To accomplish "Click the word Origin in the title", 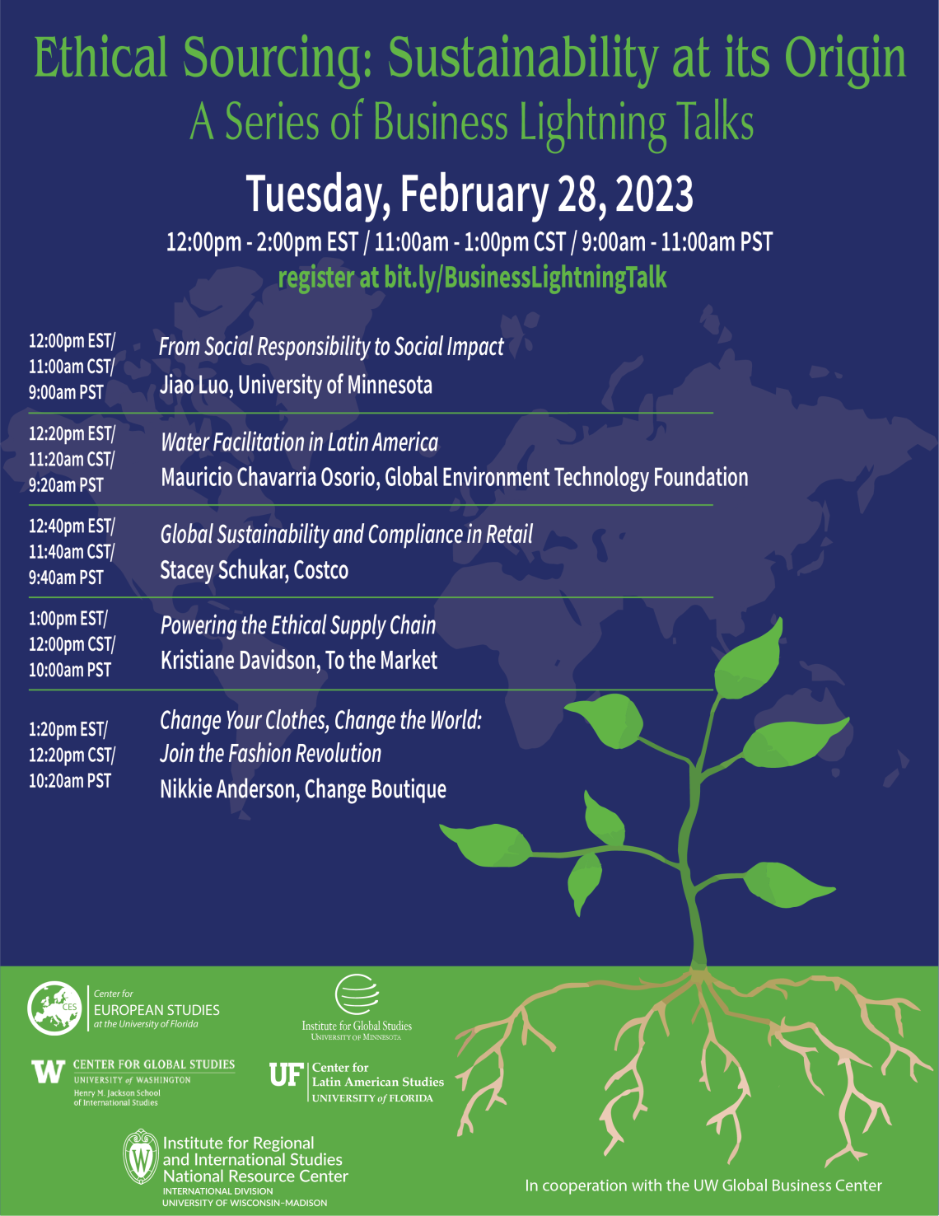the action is (x=845, y=58).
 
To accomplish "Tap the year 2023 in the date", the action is (x=654, y=194).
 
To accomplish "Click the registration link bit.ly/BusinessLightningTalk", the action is (x=526, y=278).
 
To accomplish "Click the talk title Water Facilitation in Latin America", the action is (x=300, y=442).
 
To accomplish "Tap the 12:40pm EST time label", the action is (x=72, y=526).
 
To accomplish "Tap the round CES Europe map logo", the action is (x=54, y=1008).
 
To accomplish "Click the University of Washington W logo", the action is (x=48, y=1072).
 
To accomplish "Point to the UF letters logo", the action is (x=287, y=1074).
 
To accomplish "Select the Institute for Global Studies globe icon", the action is (x=357, y=994).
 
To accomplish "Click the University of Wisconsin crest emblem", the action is (x=140, y=1157).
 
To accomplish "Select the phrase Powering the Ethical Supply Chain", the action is (x=299, y=625).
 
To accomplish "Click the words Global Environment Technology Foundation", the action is (x=567, y=478).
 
